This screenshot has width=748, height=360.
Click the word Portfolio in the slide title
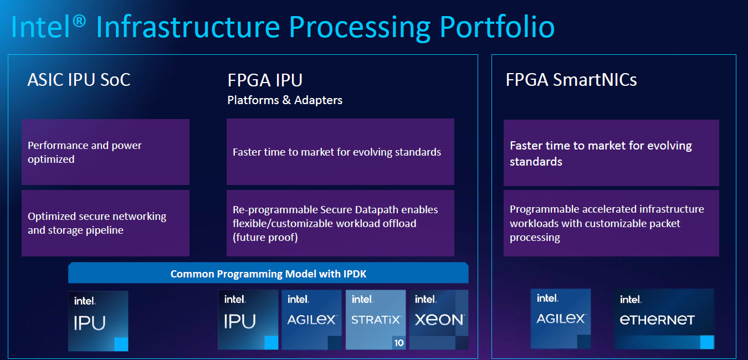point(497,27)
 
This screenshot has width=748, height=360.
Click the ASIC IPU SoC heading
point(79,80)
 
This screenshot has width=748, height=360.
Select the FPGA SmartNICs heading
point(571,80)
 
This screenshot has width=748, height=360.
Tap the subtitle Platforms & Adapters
point(285,100)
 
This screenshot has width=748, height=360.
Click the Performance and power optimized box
point(105,152)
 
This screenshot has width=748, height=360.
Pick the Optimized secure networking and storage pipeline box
point(105,223)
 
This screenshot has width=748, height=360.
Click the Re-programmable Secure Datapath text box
point(340,223)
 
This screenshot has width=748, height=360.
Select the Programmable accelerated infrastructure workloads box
point(611,223)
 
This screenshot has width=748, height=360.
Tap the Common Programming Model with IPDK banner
point(268,274)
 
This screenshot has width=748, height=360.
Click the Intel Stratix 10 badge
point(376,320)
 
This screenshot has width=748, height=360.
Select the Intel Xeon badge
point(439,320)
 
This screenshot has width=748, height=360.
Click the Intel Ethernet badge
point(664,318)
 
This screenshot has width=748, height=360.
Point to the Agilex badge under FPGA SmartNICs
point(560,318)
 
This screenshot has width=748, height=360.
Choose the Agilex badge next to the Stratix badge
point(311,320)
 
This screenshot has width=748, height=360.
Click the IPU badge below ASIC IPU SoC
point(98,321)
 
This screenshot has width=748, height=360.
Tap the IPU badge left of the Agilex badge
point(248,320)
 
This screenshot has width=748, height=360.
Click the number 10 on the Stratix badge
point(399,343)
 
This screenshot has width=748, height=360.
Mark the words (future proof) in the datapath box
point(265,238)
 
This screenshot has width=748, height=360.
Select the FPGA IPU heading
point(265,80)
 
